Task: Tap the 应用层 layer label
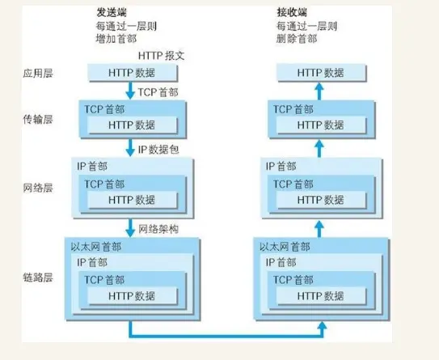(39, 74)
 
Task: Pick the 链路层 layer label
(39, 277)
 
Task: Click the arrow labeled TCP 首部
(129, 91)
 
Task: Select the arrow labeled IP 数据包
(129, 148)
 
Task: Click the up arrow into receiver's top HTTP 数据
(319, 91)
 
